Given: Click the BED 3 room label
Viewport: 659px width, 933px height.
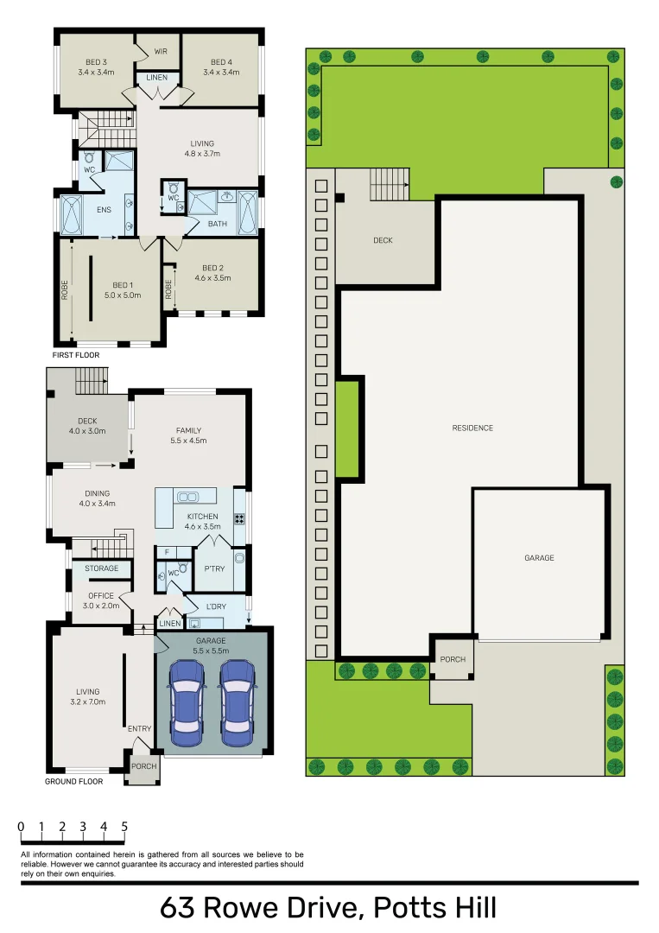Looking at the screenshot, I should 96,61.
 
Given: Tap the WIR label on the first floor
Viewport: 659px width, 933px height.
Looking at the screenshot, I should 161,52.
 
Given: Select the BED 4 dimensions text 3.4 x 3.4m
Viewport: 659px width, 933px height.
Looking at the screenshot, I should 221,72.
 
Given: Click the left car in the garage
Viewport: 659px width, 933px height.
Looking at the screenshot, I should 187,703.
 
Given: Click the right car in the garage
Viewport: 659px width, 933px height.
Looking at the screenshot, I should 236,703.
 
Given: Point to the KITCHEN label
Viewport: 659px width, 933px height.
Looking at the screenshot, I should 202,517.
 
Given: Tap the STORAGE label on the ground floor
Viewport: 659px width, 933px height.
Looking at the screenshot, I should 101,568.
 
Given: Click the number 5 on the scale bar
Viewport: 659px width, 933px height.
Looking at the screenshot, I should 124,827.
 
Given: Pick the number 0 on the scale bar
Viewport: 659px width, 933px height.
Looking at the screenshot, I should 21,827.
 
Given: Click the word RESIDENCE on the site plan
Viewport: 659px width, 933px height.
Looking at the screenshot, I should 472,428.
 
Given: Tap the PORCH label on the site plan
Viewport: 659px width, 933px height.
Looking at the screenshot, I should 453,659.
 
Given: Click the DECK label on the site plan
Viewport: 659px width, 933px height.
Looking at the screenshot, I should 383,240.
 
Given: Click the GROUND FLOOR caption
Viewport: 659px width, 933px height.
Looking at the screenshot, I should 73,781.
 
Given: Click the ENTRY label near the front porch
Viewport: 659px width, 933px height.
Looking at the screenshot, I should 139,728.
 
